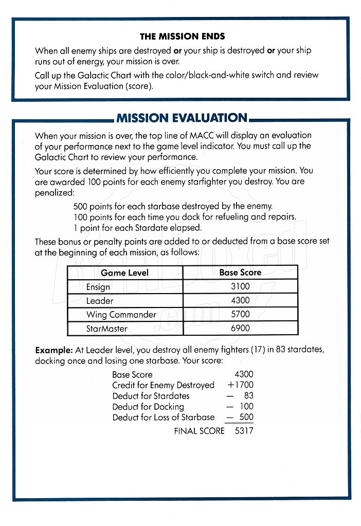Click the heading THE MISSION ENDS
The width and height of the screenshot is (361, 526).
pos(182,37)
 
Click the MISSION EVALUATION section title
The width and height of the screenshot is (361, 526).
pos(182,118)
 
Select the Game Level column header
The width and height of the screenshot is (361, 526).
pos(124,273)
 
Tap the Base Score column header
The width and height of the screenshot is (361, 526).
pos(240,273)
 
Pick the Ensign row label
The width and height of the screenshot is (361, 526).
pos(98,286)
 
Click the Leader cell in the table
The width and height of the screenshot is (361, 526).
pos(100,300)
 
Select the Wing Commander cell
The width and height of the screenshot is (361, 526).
pos(121,314)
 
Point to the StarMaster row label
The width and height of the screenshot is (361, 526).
pos(106,328)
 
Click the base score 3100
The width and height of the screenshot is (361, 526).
pos(240,286)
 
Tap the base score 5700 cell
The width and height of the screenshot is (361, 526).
pos(240,314)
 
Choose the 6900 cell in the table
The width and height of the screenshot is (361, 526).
pos(240,328)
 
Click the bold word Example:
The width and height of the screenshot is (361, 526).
pos(54,350)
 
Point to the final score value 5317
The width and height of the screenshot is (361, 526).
pos(244,431)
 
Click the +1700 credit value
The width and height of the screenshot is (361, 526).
pos(240,385)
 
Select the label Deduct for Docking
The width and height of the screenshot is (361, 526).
pos(148,407)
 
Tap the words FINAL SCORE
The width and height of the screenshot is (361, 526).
pos(199,431)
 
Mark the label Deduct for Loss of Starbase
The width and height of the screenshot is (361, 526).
pos(164,418)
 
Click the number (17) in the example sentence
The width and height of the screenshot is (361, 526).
pos(257,350)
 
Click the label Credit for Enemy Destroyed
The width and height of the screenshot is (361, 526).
pos(164,385)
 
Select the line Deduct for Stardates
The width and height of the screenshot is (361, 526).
pos(151,396)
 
